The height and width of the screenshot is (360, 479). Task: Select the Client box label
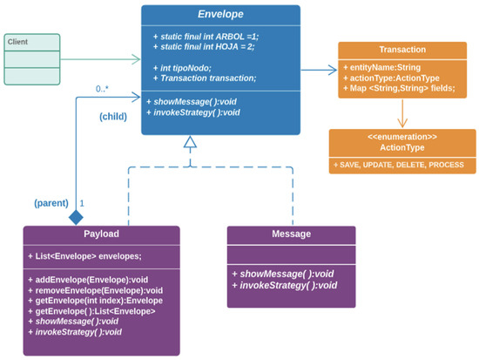[x=17, y=42]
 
